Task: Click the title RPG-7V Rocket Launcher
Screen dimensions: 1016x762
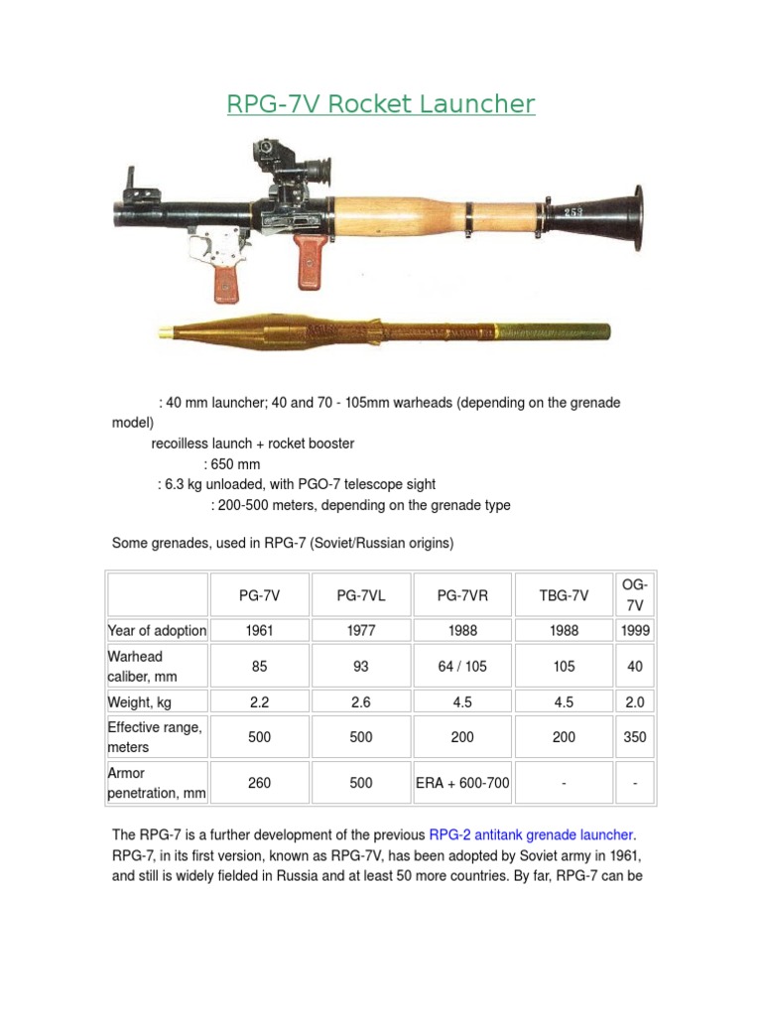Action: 381,104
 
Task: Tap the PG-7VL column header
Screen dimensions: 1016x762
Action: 361,595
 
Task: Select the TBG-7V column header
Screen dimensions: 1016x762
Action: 564,595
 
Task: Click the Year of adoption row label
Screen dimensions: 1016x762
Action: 157,631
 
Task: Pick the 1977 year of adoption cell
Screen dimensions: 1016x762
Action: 361,631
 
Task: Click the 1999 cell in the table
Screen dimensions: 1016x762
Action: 635,631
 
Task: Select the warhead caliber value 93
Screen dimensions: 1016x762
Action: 361,667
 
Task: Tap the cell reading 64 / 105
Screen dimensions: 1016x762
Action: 462,667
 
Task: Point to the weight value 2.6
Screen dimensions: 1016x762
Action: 361,702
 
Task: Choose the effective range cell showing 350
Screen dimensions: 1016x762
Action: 635,737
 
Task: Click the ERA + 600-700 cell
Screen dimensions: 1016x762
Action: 462,783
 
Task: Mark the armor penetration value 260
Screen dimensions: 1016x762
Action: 259,783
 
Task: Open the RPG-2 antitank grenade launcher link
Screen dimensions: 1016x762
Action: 532,834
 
